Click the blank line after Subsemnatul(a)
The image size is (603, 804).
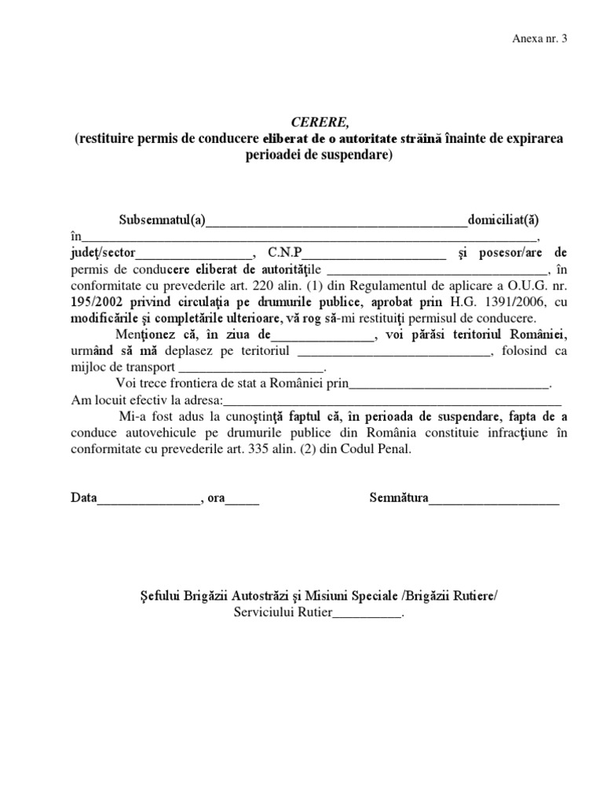(335, 221)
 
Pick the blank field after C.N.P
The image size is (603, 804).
(375, 254)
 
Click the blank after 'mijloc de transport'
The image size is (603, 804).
(251, 369)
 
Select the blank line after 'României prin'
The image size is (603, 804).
(448, 386)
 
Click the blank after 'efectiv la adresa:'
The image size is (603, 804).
(393, 402)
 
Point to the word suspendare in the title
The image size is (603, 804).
(351, 155)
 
